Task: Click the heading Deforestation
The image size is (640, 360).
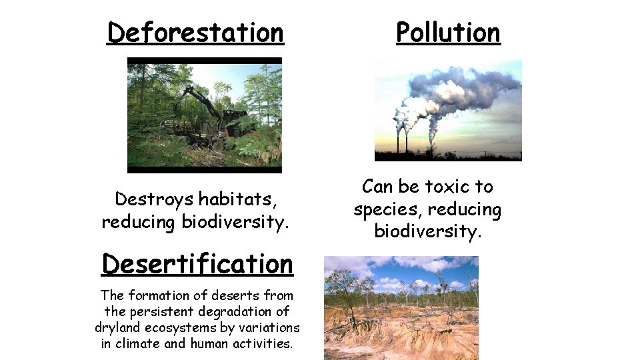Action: tap(195, 32)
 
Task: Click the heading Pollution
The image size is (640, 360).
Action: tap(448, 32)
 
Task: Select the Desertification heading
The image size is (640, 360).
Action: tap(197, 263)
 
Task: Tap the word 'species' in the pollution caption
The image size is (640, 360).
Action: tap(383, 209)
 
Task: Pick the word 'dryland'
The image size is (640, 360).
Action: tap(118, 327)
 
